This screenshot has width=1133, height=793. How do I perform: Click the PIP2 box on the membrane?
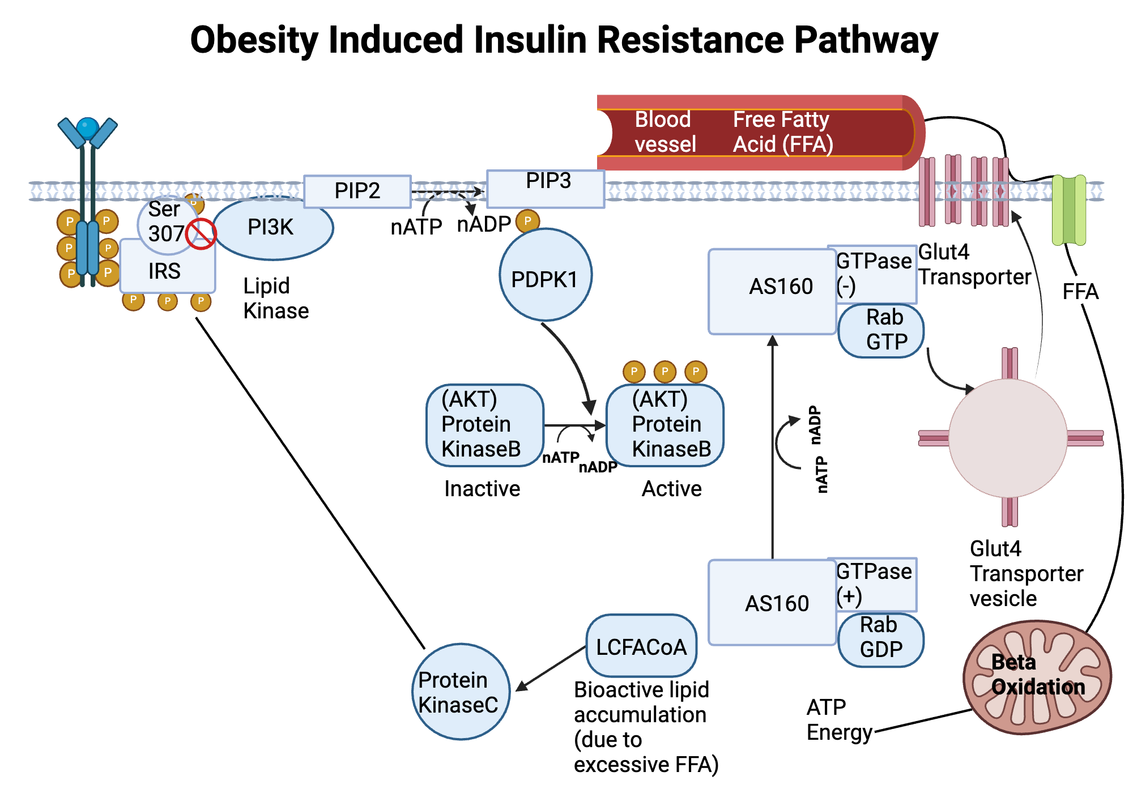click(357, 191)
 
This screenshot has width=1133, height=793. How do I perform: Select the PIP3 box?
click(546, 189)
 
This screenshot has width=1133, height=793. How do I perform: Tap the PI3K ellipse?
click(272, 228)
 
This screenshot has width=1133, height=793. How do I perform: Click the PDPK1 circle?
click(545, 275)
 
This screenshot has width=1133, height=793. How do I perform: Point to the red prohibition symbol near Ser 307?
click(201, 234)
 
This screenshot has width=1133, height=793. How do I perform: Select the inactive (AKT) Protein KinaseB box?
click(484, 425)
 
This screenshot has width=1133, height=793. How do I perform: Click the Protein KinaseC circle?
click(461, 692)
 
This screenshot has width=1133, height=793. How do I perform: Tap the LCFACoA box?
click(641, 646)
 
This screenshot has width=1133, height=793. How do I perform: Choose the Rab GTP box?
click(880, 331)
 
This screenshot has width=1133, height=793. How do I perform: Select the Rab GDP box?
click(880, 639)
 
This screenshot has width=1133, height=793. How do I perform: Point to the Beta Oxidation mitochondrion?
click(1037, 677)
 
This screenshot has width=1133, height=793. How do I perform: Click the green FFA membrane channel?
click(1068, 210)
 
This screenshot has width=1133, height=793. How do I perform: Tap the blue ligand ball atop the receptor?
click(87, 128)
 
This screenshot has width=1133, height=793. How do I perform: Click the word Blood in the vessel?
click(662, 120)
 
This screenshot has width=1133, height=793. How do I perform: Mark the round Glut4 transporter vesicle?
click(1008, 438)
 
